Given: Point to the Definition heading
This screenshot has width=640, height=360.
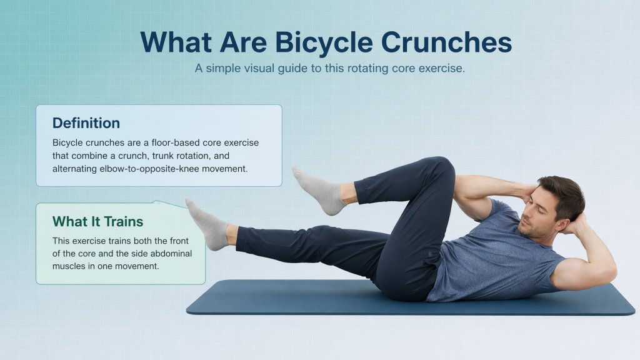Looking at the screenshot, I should [86, 123].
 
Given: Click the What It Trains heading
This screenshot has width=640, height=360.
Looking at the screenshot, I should [97, 221].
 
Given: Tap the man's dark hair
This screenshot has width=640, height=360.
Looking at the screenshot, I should [562, 191].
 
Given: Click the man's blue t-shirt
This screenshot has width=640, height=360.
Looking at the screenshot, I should [494, 256].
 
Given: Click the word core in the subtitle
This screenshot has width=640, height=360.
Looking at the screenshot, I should [407, 68].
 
